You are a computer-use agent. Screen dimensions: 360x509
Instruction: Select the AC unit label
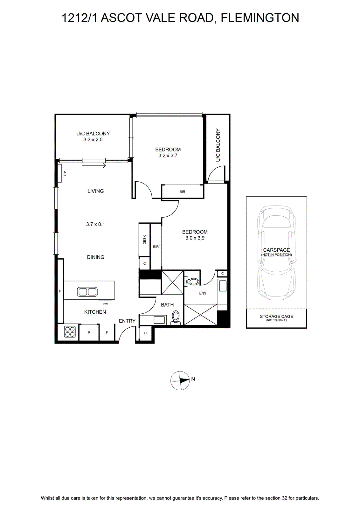pos(65,173)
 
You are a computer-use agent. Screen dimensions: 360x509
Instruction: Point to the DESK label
pos(144,240)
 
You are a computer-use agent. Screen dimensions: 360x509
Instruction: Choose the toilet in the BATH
pos(176,317)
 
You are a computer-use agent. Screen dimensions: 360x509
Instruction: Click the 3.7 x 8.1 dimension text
pos(95,224)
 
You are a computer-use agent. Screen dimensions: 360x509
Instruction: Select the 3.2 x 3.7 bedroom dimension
pos(168,156)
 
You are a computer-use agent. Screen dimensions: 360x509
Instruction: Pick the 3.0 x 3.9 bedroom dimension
pos(195,238)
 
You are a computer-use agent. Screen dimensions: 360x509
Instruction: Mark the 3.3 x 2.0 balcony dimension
pos(93,140)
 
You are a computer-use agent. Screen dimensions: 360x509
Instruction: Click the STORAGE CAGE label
pos(276,316)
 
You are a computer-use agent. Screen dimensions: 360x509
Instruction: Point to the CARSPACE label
pos(276,250)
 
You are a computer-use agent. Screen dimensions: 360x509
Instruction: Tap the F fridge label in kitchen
pos(107,332)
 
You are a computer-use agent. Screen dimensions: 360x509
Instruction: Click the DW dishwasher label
pos(105,304)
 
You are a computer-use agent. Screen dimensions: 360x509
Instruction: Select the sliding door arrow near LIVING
pos(94,165)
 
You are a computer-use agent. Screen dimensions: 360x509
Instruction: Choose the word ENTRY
pos(127,321)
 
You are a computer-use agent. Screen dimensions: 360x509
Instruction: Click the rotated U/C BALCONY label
pos(218,145)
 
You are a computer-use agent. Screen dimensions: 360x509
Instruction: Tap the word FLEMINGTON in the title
pos(260,18)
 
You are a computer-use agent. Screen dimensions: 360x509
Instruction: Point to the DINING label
pos(96,257)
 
